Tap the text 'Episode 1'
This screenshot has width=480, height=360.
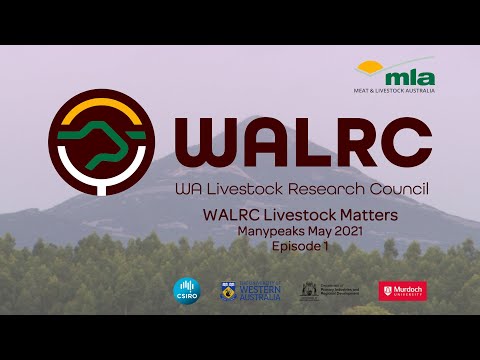coord(299,245)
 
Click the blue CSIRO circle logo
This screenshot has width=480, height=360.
coord(187,290)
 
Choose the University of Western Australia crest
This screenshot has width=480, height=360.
coord(228,290)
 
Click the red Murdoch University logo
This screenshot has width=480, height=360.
coord(402,290)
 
